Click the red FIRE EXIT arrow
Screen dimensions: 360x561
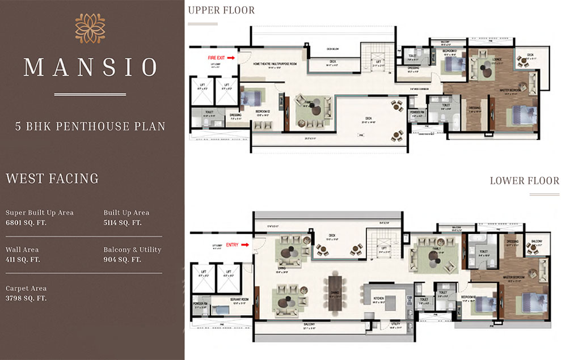[232, 57]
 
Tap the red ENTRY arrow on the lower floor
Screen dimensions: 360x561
[246, 245]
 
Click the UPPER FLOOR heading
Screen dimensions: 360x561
[221, 10]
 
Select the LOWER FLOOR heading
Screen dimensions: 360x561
[525, 181]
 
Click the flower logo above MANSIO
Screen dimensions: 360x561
[90, 28]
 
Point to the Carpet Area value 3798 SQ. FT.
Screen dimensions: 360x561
[26, 298]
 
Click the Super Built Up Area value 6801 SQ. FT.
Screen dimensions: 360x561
[26, 223]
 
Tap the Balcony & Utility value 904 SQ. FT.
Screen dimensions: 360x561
[122, 260]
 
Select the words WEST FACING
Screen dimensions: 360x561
[52, 179]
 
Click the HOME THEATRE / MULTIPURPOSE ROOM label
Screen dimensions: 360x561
[275, 65]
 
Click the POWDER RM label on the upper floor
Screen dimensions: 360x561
[417, 112]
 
